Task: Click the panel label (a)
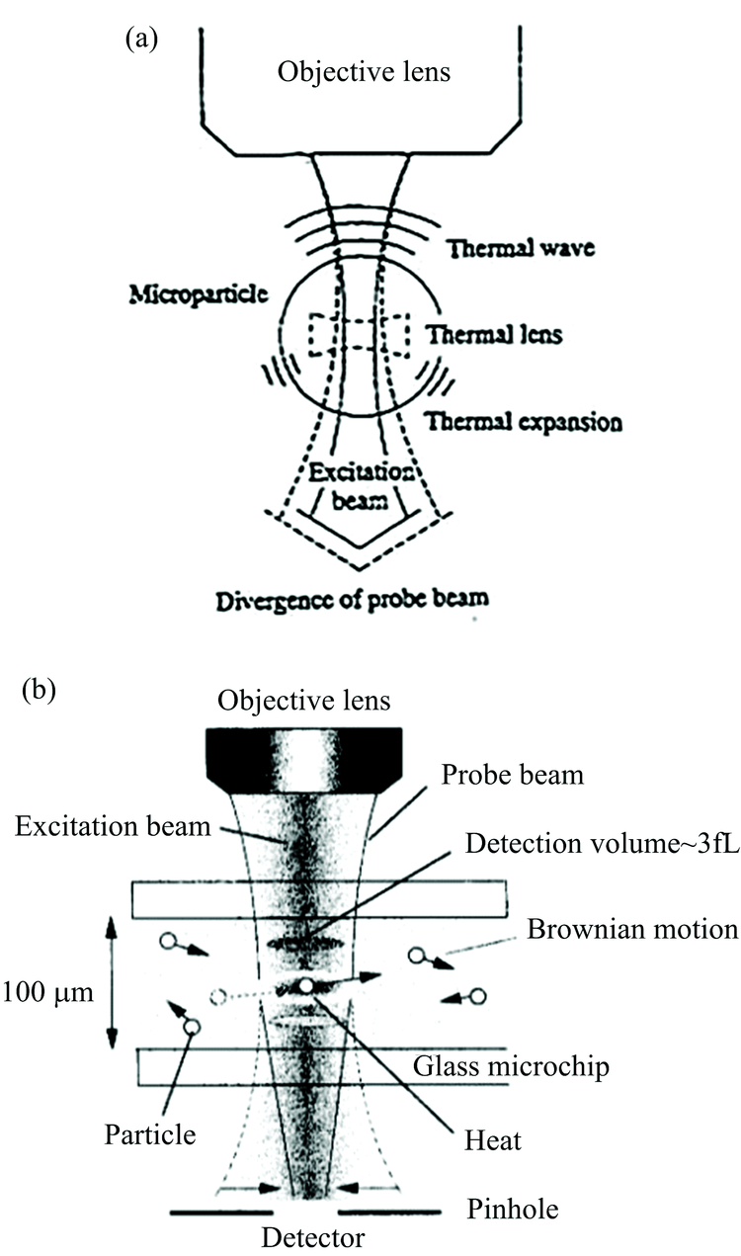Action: pos(142,41)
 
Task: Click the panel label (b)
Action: pos(39,691)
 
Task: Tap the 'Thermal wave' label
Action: pos(522,248)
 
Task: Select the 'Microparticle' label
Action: pos(199,294)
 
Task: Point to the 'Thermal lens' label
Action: pos(494,335)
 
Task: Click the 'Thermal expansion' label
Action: pos(524,422)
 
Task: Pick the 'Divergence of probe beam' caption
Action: pos(352,601)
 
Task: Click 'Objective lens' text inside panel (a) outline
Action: pos(364,72)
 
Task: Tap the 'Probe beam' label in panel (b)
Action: pos(513,775)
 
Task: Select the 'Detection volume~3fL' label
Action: pos(603,843)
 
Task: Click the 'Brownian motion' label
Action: pos(633,929)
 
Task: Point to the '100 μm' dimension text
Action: pos(48,992)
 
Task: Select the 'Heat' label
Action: pos(493,1140)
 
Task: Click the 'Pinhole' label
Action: pos(513,1209)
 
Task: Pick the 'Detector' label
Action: pos(313,1237)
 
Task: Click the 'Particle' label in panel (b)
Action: pos(150,1134)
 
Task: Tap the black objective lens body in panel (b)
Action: pos(303,760)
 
